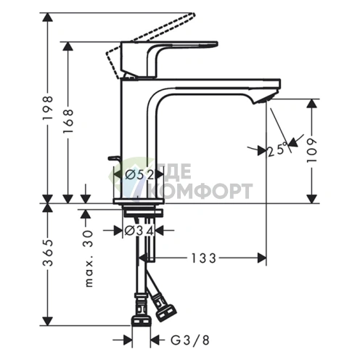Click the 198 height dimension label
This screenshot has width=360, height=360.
[48, 107]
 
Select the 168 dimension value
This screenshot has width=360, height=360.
[68, 121]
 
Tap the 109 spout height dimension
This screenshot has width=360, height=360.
[311, 151]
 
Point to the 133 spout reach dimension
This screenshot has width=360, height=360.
[204, 258]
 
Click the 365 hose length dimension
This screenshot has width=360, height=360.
[48, 253]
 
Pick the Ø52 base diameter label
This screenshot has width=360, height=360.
[139, 175]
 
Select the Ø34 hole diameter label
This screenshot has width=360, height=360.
[139, 231]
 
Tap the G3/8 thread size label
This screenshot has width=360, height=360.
[190, 340]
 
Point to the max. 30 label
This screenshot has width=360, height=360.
[89, 258]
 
